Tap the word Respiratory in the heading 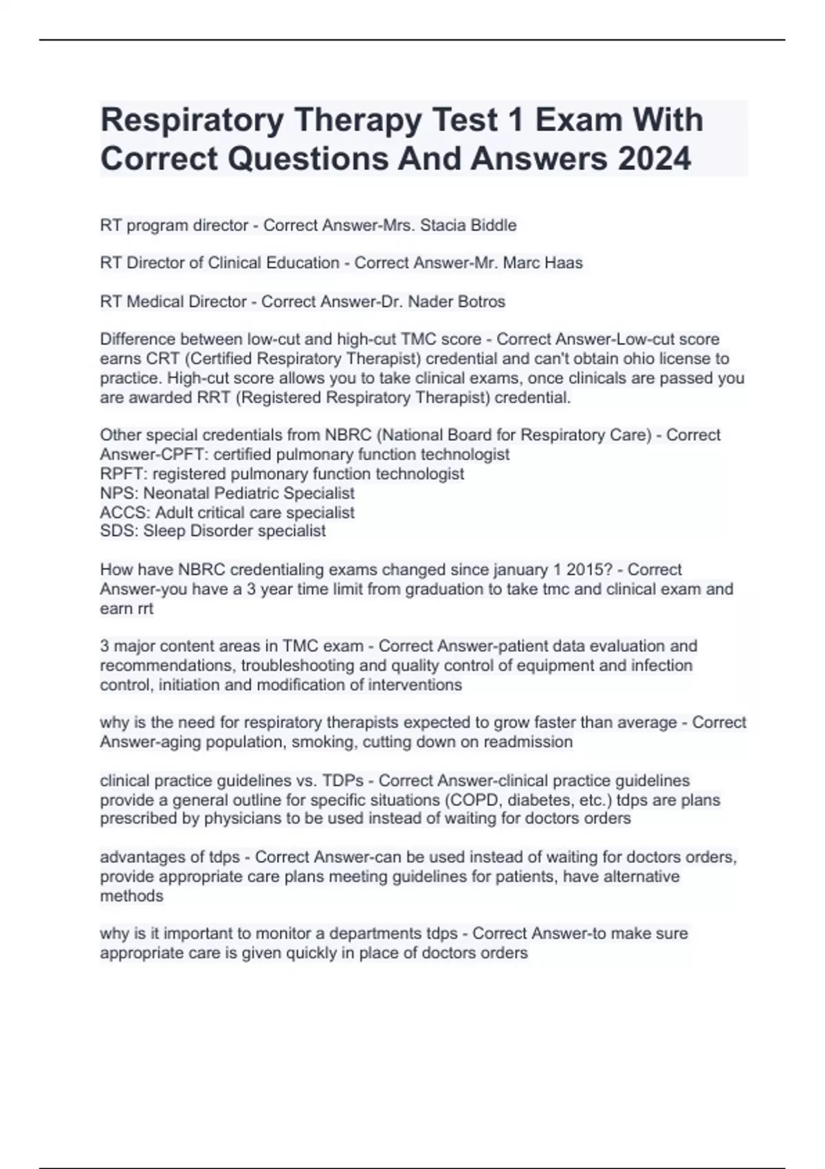point(192,120)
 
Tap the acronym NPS point(118,493)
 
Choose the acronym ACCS point(124,512)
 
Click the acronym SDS point(118,531)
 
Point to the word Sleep point(164,531)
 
